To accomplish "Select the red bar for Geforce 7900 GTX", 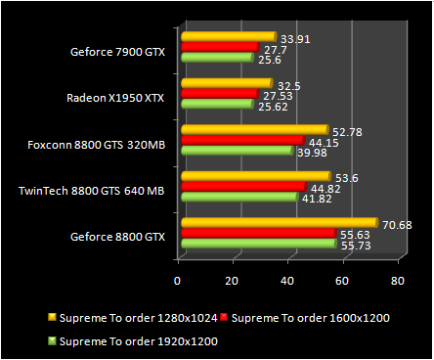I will [x=219, y=47].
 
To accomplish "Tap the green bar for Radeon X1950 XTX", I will [x=216, y=104].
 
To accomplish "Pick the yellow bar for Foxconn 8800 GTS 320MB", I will [x=253, y=129].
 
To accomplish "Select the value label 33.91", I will [x=296, y=40].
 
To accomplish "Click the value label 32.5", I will [x=289, y=85].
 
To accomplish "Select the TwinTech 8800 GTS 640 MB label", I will [x=91, y=191].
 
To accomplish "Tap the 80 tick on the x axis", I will [x=397, y=281].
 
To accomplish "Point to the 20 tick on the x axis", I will [x=233, y=281].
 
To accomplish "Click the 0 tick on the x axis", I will [x=178, y=281].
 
